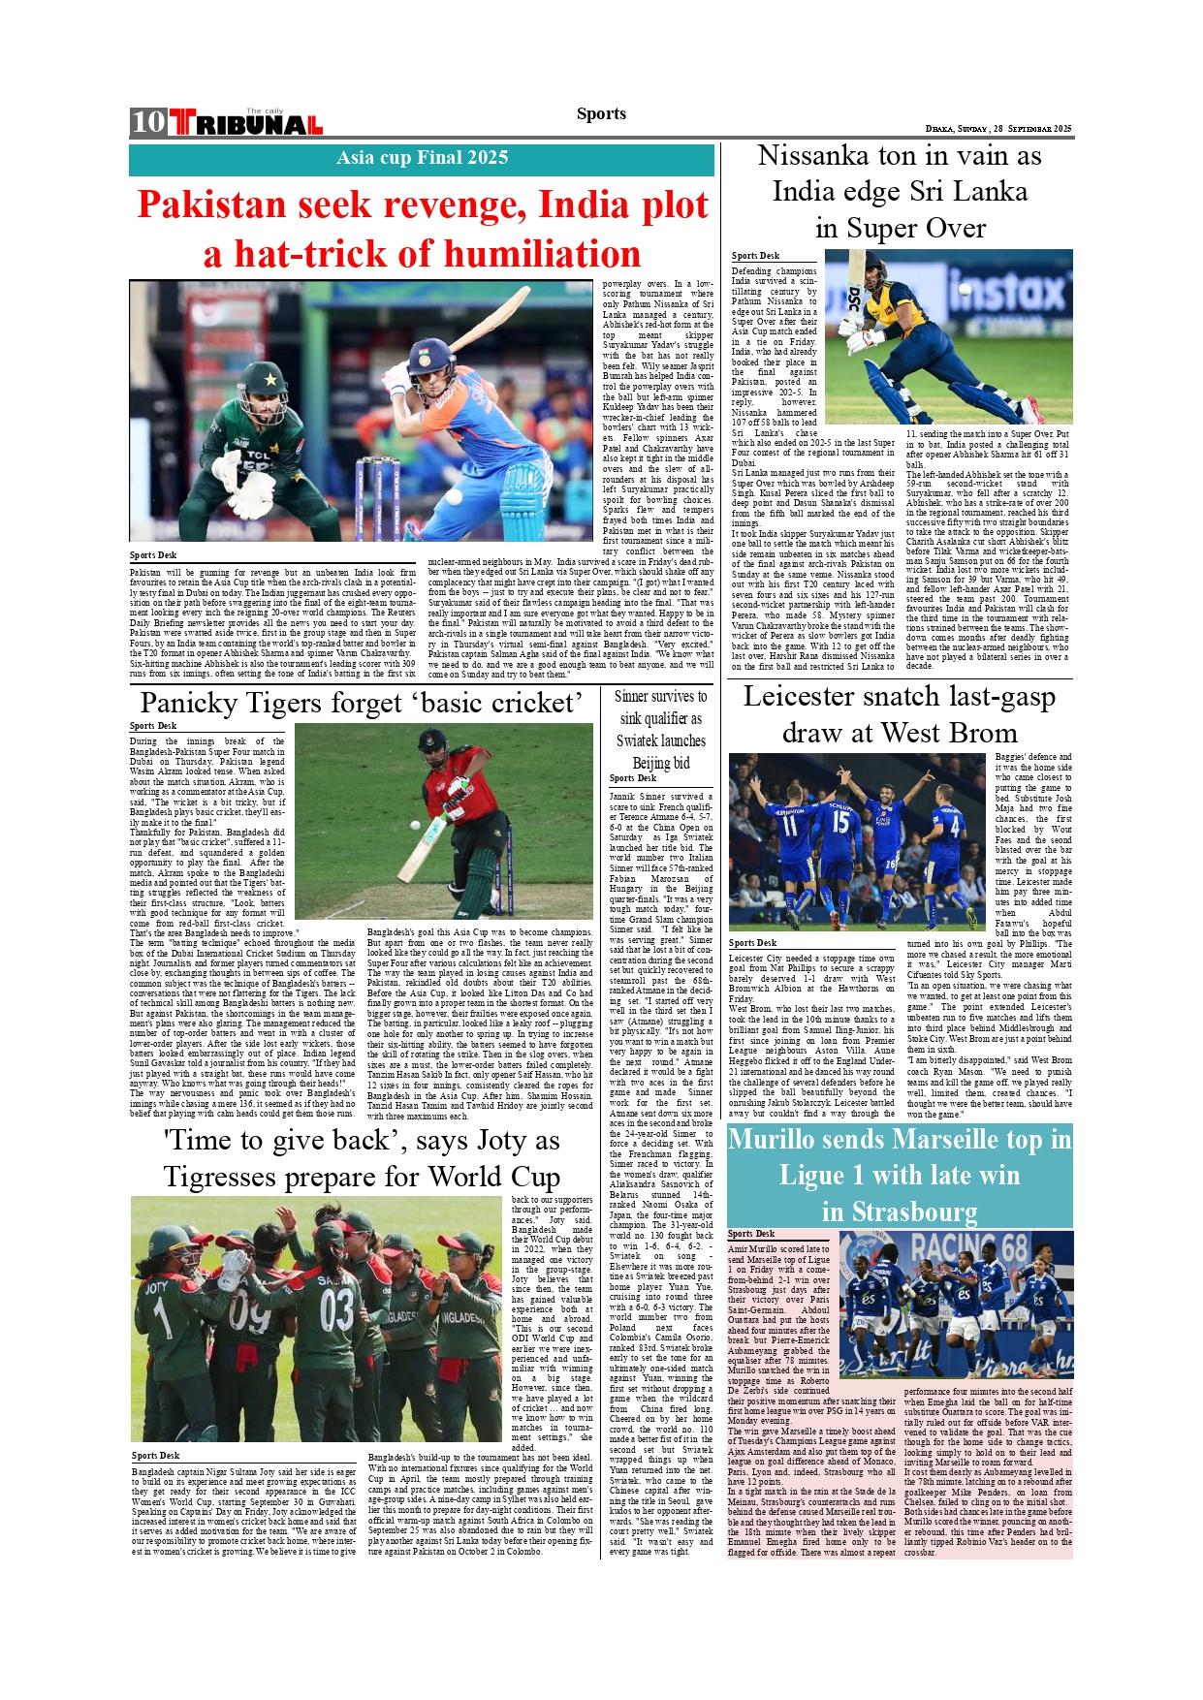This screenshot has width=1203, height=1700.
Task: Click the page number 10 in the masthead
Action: (x=148, y=122)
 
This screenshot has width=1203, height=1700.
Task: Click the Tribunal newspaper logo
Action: (x=246, y=123)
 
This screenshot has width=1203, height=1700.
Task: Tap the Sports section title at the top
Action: (x=601, y=114)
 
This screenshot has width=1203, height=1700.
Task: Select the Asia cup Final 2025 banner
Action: (x=422, y=158)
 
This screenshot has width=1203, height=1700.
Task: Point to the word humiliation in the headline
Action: (x=530, y=255)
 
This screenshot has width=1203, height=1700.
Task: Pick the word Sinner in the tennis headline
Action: (x=631, y=697)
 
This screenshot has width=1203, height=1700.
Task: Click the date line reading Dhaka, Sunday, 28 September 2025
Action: (x=997, y=129)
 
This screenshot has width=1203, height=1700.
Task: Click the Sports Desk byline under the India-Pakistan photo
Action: (x=153, y=555)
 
